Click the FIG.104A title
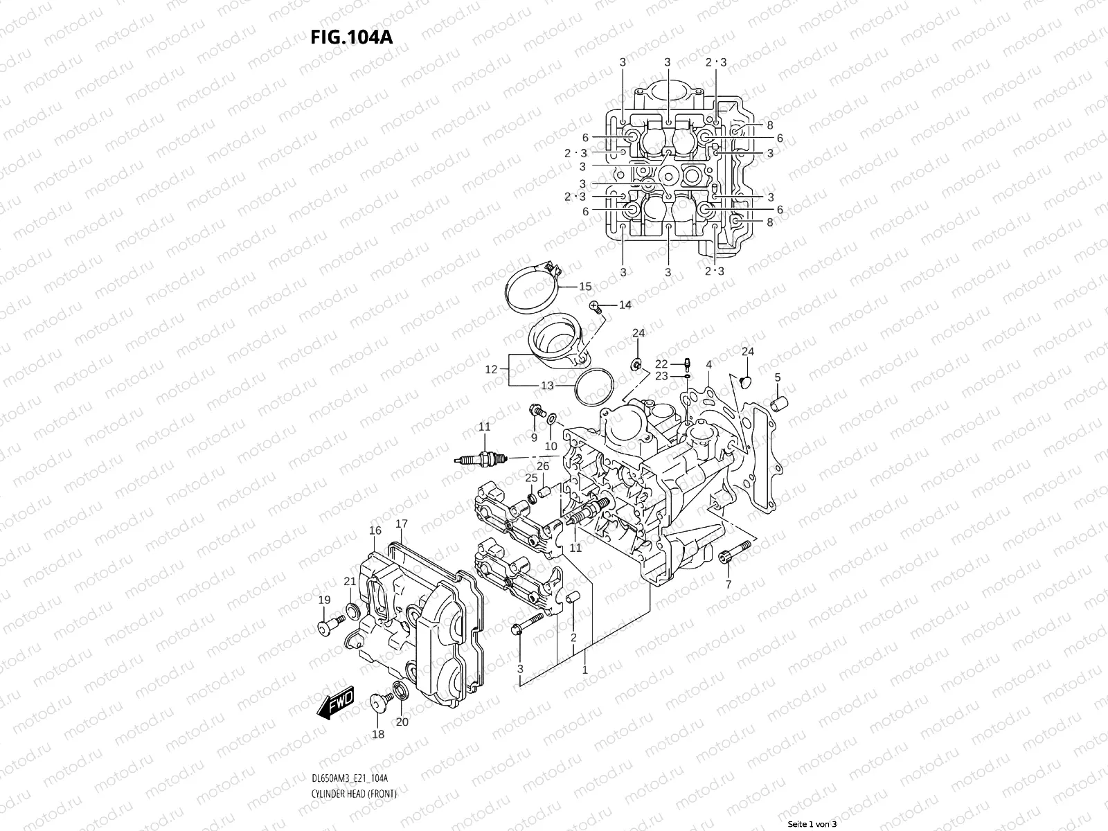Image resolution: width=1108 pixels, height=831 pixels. coord(352,37)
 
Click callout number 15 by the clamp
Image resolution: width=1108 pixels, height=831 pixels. coord(585,286)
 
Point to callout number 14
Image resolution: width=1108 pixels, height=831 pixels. coord(625,305)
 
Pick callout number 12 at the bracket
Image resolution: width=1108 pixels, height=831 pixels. coord(491,370)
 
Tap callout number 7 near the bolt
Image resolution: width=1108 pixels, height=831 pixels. coord(728,585)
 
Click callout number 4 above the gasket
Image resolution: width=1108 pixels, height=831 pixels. coord(709,364)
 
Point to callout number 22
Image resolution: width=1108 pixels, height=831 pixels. coord(661,364)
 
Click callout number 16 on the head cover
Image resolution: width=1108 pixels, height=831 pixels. coord(375,530)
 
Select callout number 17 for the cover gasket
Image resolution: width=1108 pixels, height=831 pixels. coord(402,524)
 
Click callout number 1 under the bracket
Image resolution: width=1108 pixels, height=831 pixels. coord(585,670)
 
